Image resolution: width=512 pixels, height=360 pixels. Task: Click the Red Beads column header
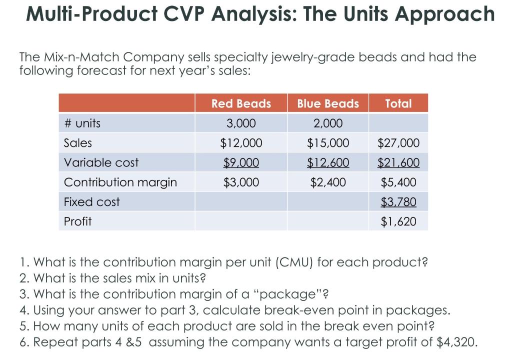pos(241,103)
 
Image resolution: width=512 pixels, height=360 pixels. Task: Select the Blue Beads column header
pos(328,103)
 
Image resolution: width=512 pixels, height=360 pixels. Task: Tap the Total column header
pos(398,103)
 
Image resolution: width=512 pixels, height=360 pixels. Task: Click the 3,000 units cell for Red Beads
pos(241,123)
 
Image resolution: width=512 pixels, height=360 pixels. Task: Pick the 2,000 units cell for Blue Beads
pos(328,123)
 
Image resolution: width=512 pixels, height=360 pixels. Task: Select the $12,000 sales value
pos(241,143)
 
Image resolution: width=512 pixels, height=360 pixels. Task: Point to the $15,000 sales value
pos(328,143)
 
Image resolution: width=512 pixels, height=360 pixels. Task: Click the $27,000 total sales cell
pos(398,143)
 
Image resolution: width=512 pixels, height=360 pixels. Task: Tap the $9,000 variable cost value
pos(241,162)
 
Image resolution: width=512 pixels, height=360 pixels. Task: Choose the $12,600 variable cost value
pos(328,162)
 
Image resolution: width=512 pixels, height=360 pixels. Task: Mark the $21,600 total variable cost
pos(398,162)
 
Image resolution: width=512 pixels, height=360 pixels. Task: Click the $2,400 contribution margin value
pos(328,182)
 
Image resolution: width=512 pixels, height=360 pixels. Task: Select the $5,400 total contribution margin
pos(398,182)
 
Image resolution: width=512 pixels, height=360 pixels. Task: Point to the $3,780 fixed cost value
pos(398,202)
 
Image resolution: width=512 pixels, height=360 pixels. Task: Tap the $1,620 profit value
pos(398,221)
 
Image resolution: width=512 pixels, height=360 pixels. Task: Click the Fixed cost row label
pos(92,202)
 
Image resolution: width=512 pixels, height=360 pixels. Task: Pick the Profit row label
pos(78,221)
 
